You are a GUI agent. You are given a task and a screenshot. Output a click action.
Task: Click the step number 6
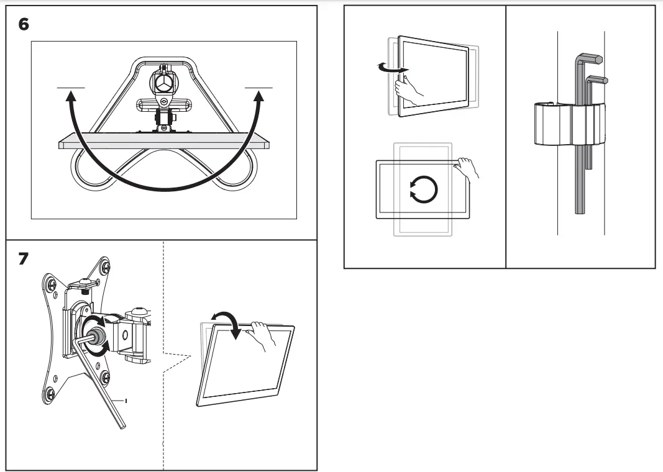[x=24, y=25]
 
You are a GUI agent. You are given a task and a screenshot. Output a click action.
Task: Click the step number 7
[x=23, y=258]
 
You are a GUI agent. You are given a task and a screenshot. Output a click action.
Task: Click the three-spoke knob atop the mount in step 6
[x=163, y=82]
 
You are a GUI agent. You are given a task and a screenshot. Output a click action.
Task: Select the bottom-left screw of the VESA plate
[x=50, y=393]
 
